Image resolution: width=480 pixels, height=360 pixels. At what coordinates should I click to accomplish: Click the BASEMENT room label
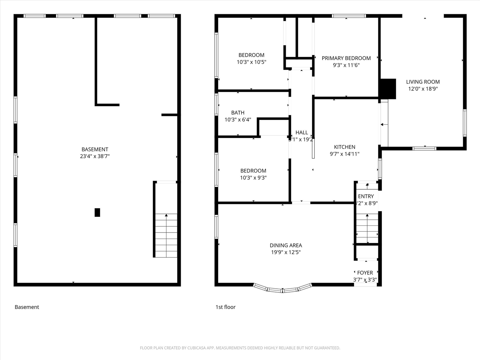point(95,149)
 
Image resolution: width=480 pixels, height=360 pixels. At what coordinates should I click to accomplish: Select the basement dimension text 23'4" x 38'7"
point(95,156)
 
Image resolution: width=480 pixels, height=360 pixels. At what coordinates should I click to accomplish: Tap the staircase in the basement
point(166,235)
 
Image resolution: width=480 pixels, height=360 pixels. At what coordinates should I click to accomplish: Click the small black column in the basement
point(97,213)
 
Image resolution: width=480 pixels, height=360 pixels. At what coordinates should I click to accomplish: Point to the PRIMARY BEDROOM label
point(346,58)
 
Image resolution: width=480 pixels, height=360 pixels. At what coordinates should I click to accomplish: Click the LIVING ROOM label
point(423,82)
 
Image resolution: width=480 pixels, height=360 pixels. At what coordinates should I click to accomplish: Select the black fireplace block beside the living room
point(388,88)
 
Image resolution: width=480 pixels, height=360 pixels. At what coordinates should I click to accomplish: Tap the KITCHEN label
point(345,147)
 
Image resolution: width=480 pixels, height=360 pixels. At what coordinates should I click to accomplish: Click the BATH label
point(238,112)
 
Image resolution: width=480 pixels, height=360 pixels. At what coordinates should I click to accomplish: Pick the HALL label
point(301,132)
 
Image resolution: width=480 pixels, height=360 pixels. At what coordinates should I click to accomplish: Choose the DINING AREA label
point(286,246)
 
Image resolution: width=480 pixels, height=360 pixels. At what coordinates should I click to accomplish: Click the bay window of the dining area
point(283,289)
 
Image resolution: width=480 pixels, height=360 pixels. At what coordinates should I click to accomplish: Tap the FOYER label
point(365,273)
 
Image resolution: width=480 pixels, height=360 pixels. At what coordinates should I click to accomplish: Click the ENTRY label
point(366,196)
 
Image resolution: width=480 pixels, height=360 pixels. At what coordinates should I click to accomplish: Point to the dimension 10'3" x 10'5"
point(251,62)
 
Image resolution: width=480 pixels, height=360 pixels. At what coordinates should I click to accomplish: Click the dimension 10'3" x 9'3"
point(253,178)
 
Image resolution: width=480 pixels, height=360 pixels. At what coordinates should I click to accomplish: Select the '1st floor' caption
point(225,307)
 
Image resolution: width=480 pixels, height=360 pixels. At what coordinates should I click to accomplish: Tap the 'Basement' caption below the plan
point(27,307)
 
